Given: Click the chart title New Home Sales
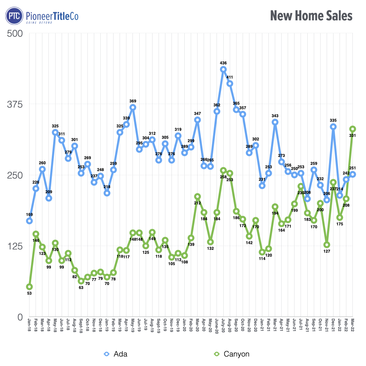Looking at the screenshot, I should [311, 16].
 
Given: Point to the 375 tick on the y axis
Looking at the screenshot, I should [15, 104].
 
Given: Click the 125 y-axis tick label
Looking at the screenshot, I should [15, 246].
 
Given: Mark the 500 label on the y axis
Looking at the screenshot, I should [15, 34].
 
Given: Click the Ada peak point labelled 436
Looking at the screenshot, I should [223, 69].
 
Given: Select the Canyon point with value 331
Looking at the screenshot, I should [352, 129].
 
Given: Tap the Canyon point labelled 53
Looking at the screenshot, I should [29, 287].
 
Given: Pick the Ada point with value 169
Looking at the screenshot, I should [29, 221].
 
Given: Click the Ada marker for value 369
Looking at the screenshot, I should [133, 107].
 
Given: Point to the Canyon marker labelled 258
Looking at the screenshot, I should [223, 170].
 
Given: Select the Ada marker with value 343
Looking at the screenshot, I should [275, 122].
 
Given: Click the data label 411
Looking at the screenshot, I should [230, 77].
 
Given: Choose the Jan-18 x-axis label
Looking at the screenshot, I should [29, 326].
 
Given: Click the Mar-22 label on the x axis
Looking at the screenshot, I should [352, 326].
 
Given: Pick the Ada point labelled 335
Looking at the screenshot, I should [333, 127].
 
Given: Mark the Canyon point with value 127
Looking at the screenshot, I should [327, 245].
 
